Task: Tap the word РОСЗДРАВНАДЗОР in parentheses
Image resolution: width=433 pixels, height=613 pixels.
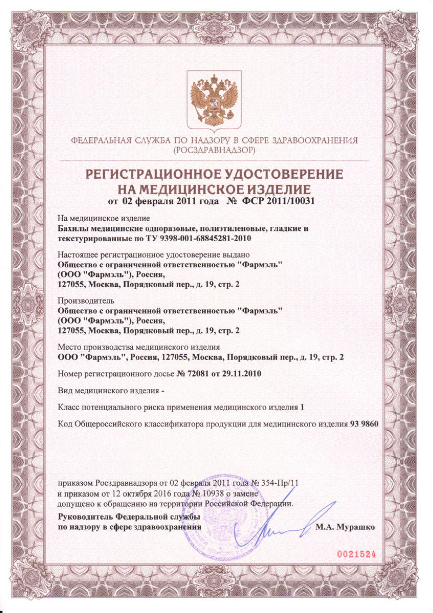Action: [214, 151]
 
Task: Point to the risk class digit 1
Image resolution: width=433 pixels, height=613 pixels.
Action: [302, 407]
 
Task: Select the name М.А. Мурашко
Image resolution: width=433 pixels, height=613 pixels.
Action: [346, 526]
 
